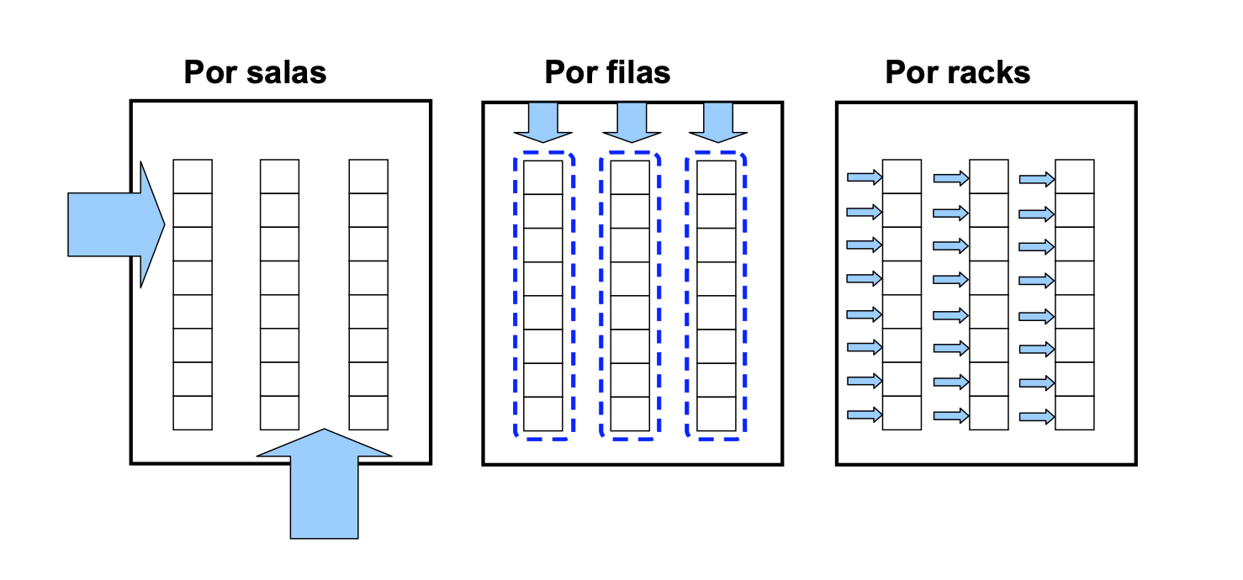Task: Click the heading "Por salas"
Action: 255,72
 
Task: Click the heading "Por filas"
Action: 607,72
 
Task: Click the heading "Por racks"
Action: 957,72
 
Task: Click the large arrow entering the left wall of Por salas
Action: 116,224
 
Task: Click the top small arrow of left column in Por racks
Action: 864,177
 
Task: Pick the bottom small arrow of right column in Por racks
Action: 1037,415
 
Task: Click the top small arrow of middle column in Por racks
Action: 951,178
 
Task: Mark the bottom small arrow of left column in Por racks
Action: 864,414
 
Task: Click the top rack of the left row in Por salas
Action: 193,177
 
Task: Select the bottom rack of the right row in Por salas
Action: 368,413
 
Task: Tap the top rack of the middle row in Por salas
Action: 279,177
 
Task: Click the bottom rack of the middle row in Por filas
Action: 630,414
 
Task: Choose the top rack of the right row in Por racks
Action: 1075,177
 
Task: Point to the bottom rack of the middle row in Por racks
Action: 988,413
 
